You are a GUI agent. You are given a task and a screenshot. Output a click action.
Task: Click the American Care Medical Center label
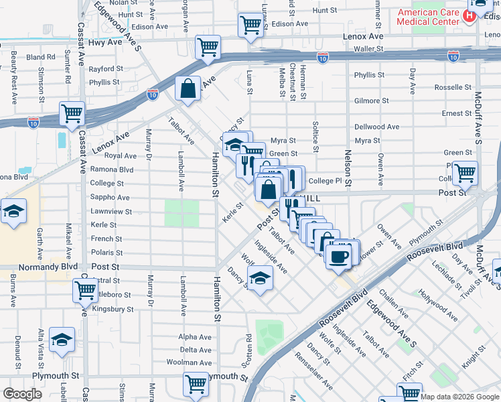point(428,17)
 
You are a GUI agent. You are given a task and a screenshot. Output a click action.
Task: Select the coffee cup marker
point(340,255)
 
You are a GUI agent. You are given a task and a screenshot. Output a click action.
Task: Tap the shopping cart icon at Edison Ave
point(250,25)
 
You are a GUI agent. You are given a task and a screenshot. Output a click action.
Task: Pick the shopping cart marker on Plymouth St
point(196,384)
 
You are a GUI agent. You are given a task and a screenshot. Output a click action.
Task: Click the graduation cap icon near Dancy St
point(260,277)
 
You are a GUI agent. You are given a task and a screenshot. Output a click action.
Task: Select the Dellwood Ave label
point(376,127)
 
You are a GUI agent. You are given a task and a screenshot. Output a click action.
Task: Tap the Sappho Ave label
point(110,198)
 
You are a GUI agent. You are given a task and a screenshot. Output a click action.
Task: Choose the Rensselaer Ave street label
point(324,377)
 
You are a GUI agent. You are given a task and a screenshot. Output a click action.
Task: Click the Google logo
point(22,394)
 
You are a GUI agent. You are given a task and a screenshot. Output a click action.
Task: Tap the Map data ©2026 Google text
point(460,397)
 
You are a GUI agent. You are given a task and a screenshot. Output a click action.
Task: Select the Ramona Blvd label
point(112,170)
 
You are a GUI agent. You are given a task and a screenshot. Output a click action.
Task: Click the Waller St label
point(370,49)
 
